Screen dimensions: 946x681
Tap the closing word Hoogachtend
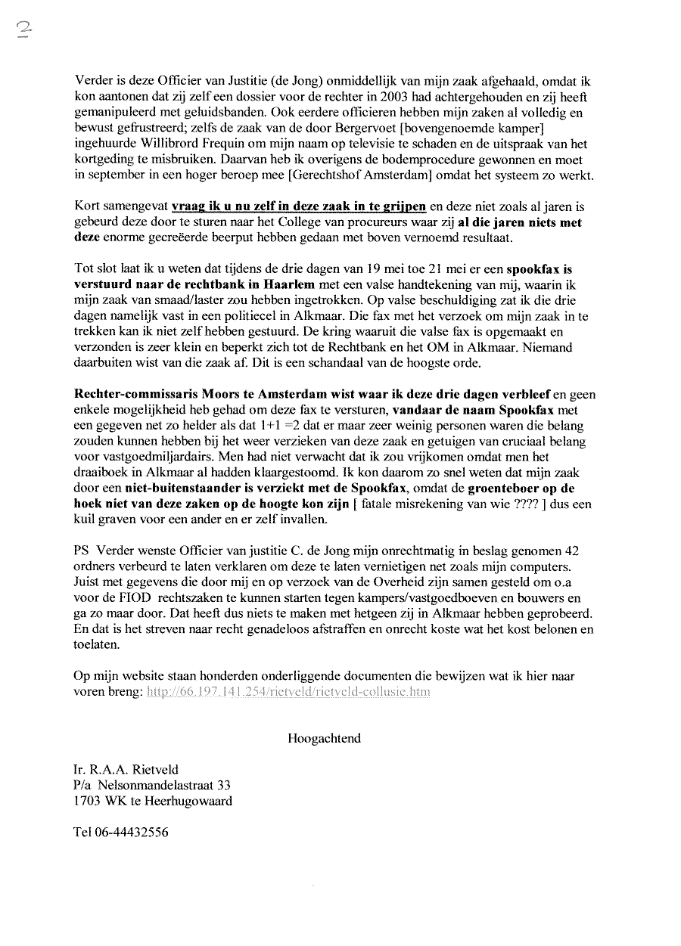click(324, 738)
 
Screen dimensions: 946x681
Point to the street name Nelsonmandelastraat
click(157, 786)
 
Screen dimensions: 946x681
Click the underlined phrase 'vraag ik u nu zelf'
click(221, 206)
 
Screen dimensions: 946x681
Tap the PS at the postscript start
click(82, 549)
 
